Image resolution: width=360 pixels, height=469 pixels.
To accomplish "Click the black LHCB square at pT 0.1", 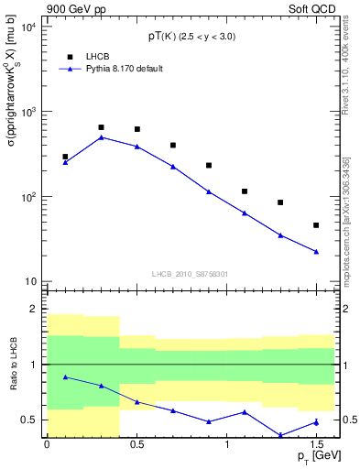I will pyautogui.click(x=65, y=157).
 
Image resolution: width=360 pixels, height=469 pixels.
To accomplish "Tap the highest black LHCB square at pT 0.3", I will pyautogui.click(x=101, y=127).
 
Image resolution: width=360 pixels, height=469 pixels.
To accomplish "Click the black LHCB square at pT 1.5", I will pyautogui.click(x=316, y=225).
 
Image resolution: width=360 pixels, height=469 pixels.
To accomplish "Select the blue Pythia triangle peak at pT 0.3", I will pyautogui.click(x=101, y=137).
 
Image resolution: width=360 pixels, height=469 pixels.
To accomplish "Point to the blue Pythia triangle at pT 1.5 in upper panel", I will pyautogui.click(x=316, y=251).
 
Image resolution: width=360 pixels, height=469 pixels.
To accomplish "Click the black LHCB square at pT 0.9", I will pyautogui.click(x=209, y=165).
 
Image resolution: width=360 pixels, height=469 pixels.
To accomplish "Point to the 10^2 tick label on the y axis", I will pyautogui.click(x=28, y=197).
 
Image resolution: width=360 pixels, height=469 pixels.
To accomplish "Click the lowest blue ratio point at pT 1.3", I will pyautogui.click(x=280, y=435).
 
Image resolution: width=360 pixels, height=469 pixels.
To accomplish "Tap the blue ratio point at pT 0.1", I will pyautogui.click(x=65, y=376).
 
